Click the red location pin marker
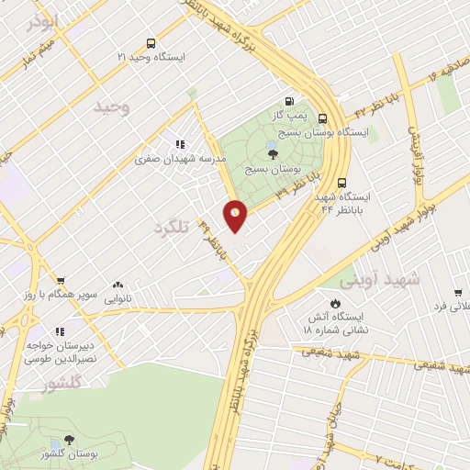click(236, 216)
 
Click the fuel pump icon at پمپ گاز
click(291, 102)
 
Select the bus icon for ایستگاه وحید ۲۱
click(151, 43)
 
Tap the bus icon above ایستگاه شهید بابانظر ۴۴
click(341, 182)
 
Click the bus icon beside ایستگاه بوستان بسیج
click(322, 118)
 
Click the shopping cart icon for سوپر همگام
click(60, 282)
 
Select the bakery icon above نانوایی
click(117, 285)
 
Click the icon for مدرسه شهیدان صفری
click(180, 143)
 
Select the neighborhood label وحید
click(114, 107)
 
